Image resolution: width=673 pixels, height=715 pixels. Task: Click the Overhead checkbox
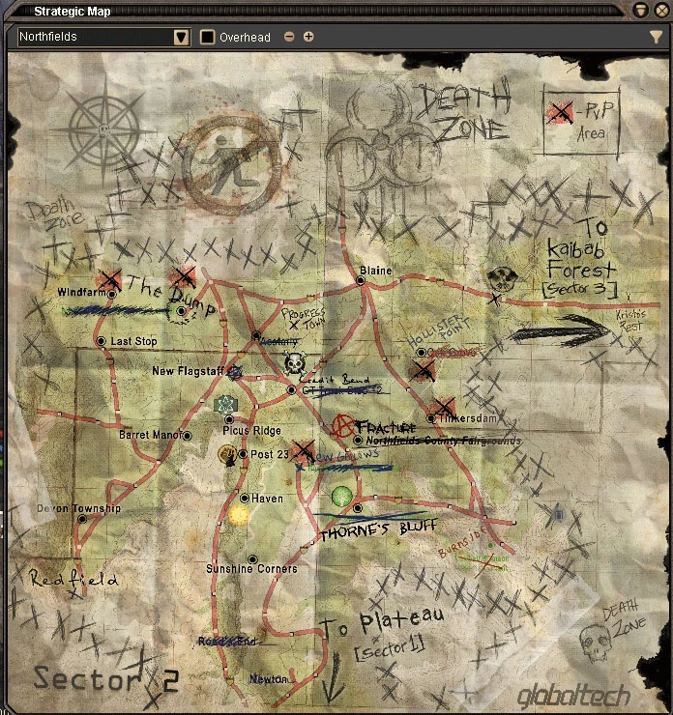click(208, 38)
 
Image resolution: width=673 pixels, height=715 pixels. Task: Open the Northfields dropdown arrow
click(181, 38)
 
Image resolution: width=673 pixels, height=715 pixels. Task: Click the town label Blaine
click(375, 271)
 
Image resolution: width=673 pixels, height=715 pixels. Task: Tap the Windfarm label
click(78, 292)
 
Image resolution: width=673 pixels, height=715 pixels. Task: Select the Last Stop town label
click(133, 342)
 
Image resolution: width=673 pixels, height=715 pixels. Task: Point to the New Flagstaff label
click(188, 371)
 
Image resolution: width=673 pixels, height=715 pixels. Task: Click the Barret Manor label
click(149, 436)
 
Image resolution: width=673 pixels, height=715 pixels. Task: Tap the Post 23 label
click(270, 454)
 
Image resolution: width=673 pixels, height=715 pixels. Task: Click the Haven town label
click(267, 499)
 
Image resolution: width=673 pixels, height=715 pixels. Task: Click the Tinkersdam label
click(466, 418)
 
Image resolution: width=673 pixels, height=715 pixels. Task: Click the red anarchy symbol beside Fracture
click(341, 425)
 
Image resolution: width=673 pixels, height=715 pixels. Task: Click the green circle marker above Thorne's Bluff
click(340, 497)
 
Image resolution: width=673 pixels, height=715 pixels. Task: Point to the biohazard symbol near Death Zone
click(366, 135)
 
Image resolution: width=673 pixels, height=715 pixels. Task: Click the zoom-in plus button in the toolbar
click(308, 38)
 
